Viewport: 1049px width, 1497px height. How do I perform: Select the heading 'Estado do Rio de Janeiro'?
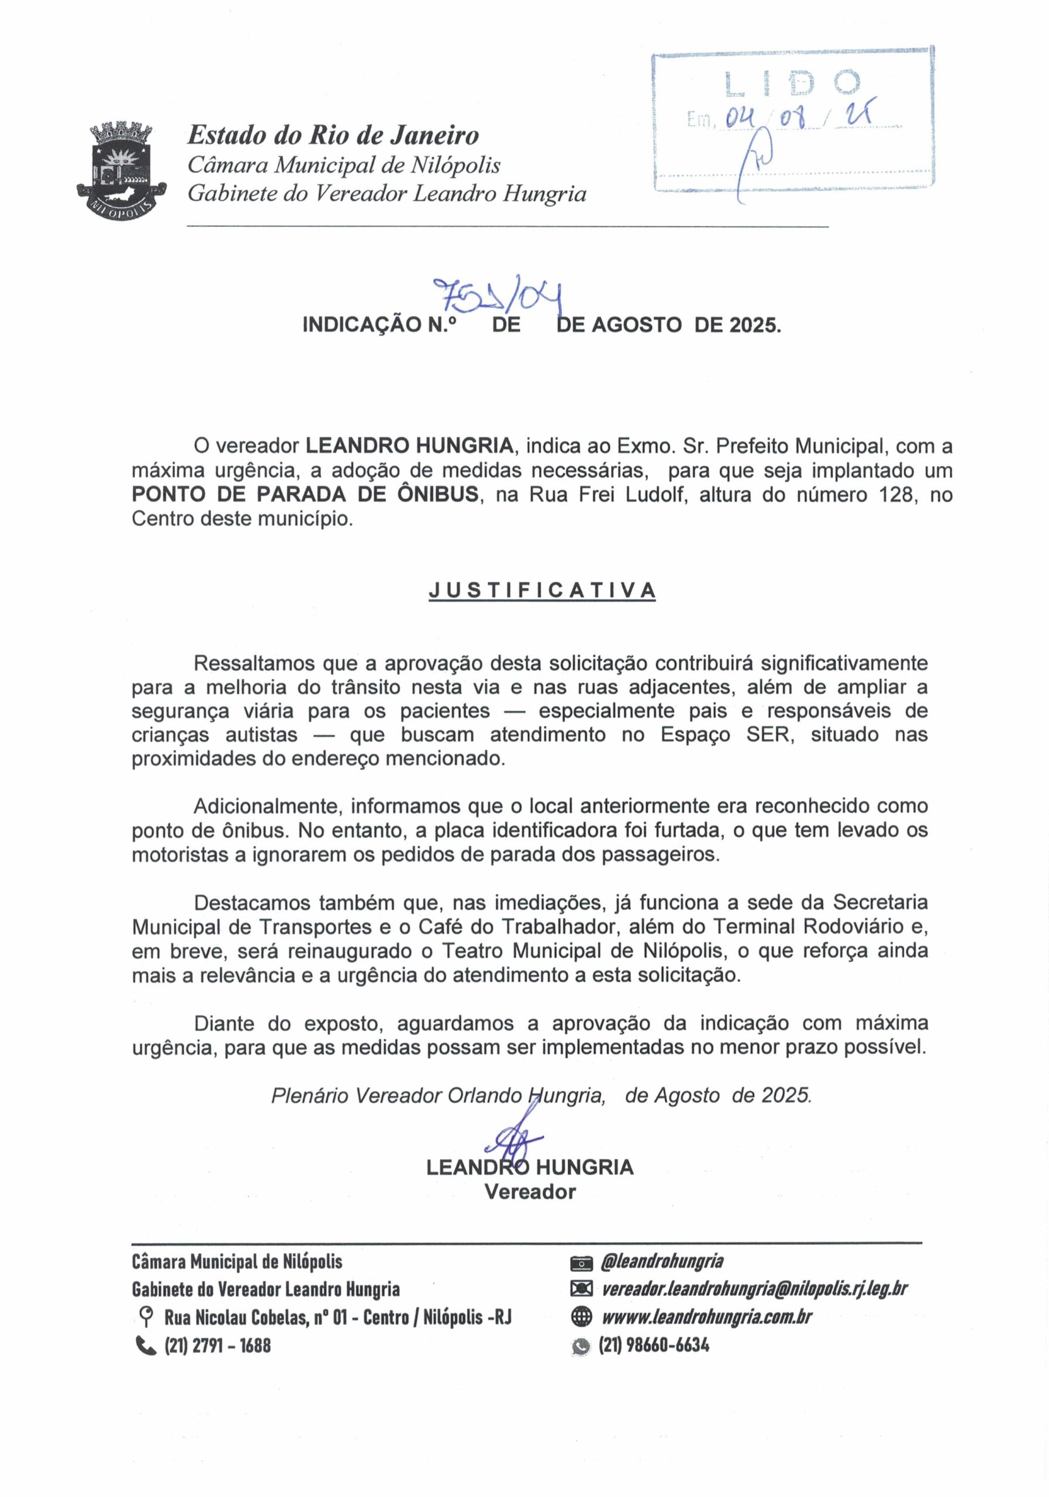coord(333,136)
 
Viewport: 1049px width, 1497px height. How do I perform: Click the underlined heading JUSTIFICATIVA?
coord(542,590)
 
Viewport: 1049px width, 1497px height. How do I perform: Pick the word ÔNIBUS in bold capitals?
coord(437,494)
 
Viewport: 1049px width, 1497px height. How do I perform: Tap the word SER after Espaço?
coord(770,735)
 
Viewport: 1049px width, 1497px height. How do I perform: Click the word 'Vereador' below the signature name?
coord(529,1192)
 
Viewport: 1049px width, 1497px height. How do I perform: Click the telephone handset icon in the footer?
coord(146,1345)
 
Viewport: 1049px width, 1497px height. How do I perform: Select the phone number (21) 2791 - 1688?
coord(217,1345)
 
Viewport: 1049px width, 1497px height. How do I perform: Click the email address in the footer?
coord(754,1288)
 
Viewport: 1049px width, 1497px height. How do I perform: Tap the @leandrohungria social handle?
coord(662,1261)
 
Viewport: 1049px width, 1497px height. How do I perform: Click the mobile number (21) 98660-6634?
coord(654,1344)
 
